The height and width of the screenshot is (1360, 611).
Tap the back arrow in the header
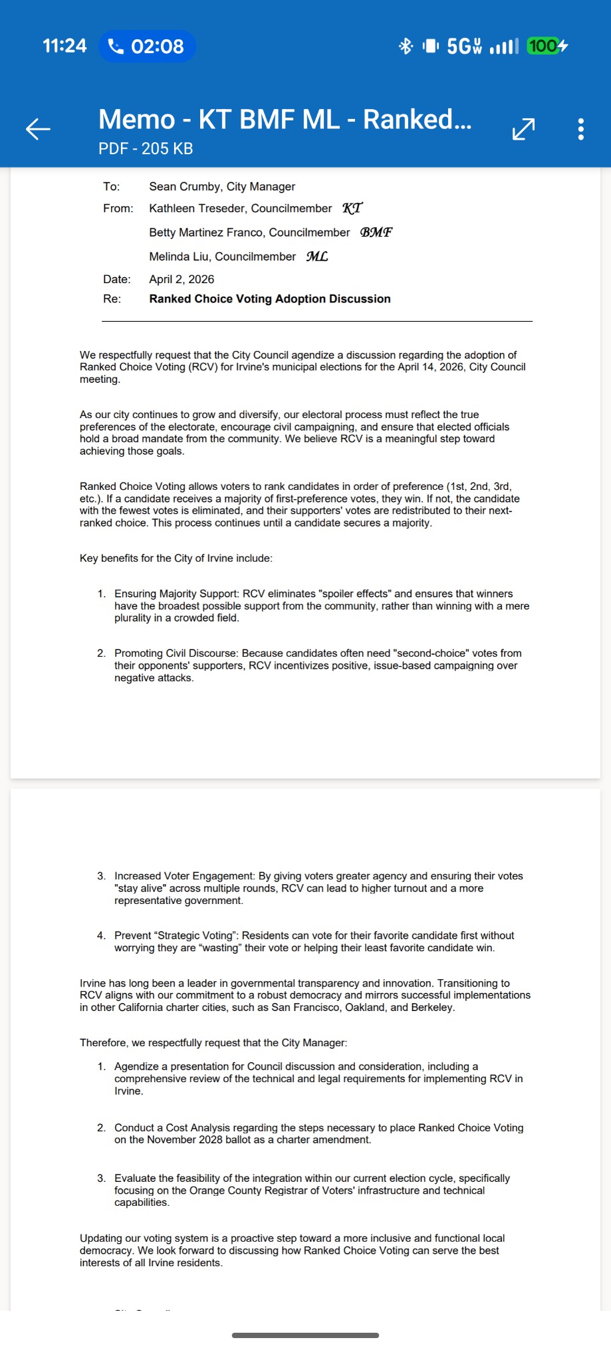tap(38, 129)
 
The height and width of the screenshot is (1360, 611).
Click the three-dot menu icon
tap(581, 129)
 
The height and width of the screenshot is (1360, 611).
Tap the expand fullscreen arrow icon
tap(524, 129)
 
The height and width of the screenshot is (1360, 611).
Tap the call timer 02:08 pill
tap(147, 46)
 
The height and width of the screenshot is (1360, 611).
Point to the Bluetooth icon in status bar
tap(406, 46)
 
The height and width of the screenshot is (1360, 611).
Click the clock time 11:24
tap(64, 46)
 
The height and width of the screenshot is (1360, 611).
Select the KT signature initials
tap(352, 208)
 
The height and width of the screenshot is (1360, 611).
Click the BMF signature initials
tap(376, 232)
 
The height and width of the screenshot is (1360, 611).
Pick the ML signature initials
tap(317, 256)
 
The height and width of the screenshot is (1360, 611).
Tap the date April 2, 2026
tap(182, 279)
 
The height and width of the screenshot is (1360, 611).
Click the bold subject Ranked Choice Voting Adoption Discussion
tap(270, 299)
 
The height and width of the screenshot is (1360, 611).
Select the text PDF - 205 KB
tap(146, 149)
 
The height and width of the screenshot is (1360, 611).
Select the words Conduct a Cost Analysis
tap(171, 1128)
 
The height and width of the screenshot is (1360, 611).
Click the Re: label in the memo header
tap(112, 299)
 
